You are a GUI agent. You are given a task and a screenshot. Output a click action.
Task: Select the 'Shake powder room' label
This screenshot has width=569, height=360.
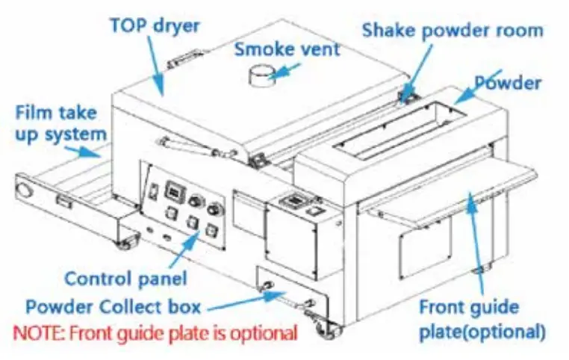tap(452, 31)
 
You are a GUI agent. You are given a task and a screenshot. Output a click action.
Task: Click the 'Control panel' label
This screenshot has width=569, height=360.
tap(125, 279)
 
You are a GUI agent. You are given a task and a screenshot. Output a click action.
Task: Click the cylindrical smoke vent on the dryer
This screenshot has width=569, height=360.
tap(259, 75)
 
